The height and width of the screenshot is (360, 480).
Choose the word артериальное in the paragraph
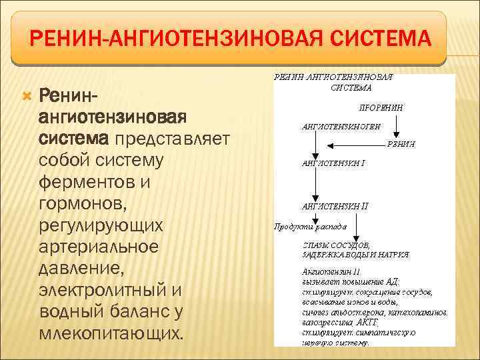99,246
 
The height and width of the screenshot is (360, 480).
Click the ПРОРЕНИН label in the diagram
381,107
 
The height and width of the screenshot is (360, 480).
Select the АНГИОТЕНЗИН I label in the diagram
333,162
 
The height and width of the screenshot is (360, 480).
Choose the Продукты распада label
310,227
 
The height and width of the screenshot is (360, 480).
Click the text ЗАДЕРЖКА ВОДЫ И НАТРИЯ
355,255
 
